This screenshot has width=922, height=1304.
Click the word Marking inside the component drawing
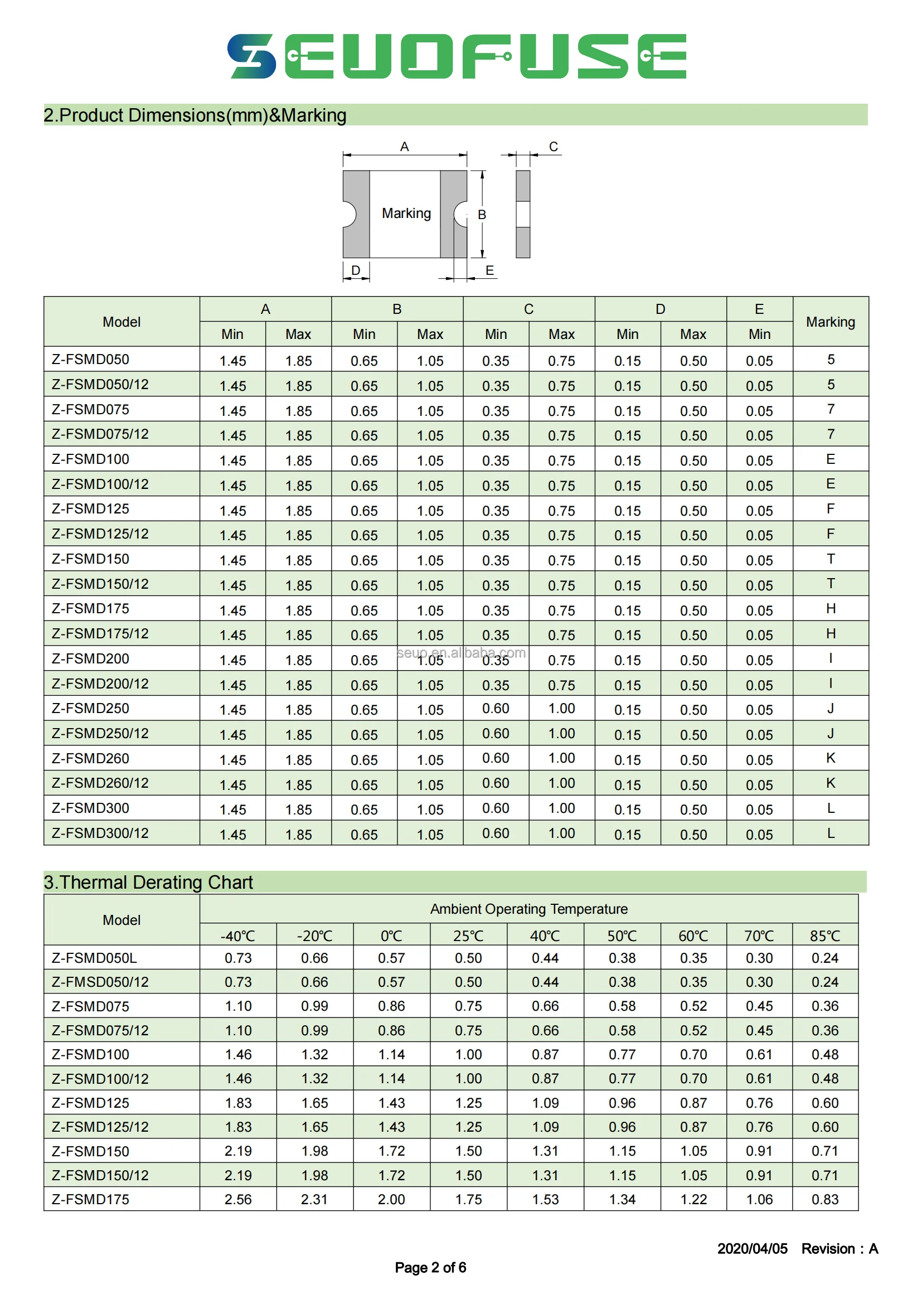(406, 214)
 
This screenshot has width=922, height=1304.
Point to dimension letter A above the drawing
(404, 147)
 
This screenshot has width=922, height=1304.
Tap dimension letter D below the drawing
(356, 270)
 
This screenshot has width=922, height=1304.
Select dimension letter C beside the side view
(553, 147)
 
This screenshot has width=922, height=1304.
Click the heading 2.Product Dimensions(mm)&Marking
(195, 115)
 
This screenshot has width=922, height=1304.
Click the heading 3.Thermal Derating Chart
(148, 882)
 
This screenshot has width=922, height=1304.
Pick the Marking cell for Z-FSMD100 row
(830, 459)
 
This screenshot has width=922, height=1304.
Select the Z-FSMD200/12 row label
(100, 683)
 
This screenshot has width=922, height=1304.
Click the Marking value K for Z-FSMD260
(830, 758)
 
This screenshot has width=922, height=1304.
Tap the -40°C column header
(237, 935)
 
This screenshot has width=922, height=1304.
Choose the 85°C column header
(824, 935)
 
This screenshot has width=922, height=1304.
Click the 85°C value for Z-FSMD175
(824, 1199)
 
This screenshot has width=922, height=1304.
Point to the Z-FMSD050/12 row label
(100, 982)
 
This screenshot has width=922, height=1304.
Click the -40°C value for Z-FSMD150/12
(237, 1175)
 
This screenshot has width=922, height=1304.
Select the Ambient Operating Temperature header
(528, 909)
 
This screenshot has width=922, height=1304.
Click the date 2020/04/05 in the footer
(751, 1248)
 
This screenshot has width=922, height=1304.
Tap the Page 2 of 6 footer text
(430, 1267)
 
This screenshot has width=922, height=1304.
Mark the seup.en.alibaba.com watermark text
(461, 653)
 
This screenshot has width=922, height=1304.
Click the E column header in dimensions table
(759, 309)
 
